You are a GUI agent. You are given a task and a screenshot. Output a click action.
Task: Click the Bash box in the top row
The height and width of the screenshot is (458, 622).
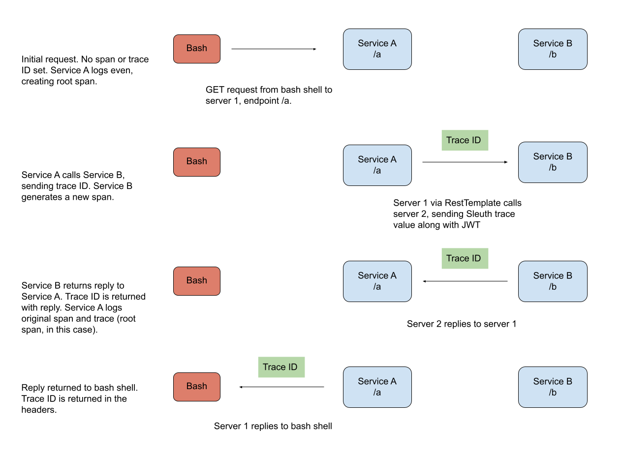[197, 49]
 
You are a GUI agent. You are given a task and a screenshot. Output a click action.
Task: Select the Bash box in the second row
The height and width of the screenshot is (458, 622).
[197, 162]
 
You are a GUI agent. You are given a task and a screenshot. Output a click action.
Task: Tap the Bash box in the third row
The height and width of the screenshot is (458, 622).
[197, 281]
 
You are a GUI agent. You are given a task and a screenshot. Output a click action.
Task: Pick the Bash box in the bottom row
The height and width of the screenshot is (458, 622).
[197, 387]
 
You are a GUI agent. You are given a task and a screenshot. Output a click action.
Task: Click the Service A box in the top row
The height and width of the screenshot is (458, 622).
[377, 49]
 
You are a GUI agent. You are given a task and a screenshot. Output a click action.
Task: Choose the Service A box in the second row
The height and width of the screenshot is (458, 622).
[377, 165]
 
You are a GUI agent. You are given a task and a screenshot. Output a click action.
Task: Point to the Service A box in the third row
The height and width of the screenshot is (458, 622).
[377, 281]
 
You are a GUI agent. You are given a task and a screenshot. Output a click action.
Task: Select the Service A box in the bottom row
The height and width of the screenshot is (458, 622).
[377, 387]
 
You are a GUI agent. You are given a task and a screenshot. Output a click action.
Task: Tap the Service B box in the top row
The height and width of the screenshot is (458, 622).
[553, 49]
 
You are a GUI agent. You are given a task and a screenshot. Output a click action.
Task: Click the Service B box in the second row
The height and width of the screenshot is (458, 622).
[553, 162]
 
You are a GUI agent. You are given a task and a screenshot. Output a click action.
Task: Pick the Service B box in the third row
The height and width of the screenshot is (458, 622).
[553, 281]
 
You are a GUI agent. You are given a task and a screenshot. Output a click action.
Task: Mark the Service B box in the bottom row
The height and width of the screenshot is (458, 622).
[553, 387]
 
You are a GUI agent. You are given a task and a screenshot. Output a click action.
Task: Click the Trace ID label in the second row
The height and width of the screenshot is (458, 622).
[463, 141]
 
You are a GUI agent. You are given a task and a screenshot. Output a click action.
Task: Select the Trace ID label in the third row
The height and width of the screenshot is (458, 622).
[463, 259]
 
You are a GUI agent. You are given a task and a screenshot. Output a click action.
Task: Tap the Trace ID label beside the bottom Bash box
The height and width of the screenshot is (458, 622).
[280, 367]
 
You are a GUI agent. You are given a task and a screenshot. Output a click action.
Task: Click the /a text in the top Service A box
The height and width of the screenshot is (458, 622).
[377, 55]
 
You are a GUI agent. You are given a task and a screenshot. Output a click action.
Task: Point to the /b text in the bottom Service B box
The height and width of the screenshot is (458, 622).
[553, 393]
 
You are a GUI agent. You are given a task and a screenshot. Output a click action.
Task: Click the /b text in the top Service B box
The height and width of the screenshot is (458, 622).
[553, 55]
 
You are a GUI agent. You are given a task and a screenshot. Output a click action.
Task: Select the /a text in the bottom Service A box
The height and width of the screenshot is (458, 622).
[377, 393]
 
